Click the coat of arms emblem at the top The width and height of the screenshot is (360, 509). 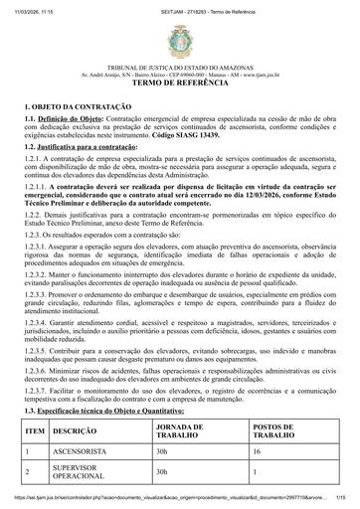[x=179, y=39]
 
